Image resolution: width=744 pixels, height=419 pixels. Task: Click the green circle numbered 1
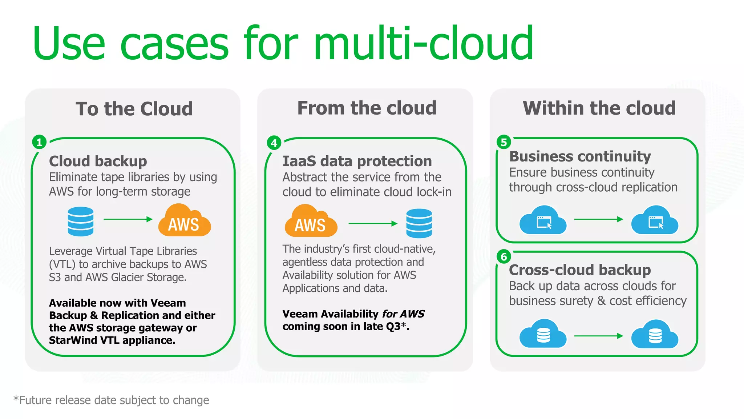[39, 142]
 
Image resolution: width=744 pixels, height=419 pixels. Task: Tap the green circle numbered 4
[274, 143]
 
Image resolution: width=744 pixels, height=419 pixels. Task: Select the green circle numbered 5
[504, 142]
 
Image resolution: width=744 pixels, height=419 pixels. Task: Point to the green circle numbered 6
[504, 257]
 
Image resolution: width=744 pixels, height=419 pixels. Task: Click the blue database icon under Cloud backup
[80, 221]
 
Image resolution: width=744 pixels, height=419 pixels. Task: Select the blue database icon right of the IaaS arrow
[419, 223]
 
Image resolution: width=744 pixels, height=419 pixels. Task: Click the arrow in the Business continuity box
[598, 219]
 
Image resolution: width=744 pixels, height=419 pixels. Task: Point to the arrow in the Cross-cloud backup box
[598, 336]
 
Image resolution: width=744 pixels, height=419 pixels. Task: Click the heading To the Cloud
[134, 109]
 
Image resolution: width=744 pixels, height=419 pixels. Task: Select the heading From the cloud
[367, 108]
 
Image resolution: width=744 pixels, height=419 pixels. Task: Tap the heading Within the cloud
[599, 108]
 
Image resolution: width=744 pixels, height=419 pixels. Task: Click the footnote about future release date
[111, 400]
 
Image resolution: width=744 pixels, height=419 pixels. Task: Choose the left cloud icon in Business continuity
[543, 220]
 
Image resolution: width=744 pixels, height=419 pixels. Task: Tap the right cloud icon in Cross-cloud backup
[655, 335]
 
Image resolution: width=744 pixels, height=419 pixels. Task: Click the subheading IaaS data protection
[357, 161]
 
